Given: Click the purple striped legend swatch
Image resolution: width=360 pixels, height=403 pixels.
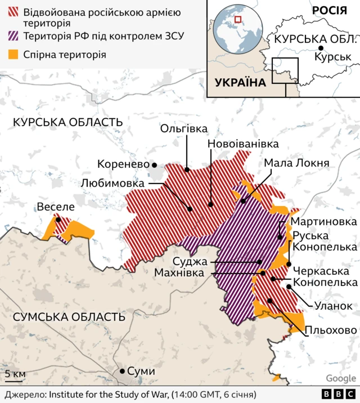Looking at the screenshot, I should coord(13,37).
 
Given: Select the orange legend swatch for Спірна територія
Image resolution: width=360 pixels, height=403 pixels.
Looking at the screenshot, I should coord(13,55).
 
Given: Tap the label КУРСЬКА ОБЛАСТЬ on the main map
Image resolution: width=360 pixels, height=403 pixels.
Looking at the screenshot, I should coord(67,122).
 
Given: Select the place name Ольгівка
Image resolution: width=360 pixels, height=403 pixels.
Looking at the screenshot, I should coord(184,129).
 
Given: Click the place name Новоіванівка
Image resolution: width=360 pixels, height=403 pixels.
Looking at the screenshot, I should coord(243,144).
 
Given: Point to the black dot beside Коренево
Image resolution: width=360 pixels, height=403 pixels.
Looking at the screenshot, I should coord(154,165).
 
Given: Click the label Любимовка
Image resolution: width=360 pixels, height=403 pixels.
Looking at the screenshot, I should coord(112,183).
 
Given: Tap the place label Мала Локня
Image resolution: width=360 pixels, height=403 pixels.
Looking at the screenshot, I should coord(296,163).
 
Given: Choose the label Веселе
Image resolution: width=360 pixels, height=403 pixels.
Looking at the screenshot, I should coord(56,207).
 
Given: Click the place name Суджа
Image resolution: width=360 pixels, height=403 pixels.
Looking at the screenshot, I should coord(190,262).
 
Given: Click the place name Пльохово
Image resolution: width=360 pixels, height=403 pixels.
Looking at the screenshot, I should coord(331,330).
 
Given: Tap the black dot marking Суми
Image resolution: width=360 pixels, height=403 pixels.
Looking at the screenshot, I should coord(121,371).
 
